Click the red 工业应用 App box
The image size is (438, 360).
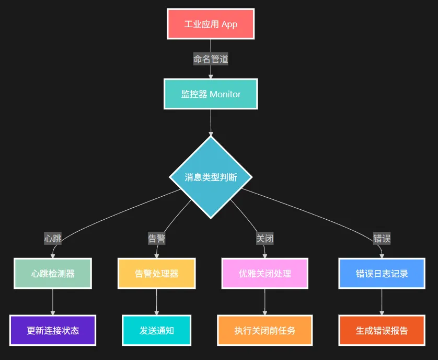[x=211, y=24]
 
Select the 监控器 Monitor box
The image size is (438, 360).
[x=211, y=94]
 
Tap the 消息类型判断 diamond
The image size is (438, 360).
[x=211, y=177]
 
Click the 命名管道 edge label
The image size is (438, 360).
[x=211, y=59]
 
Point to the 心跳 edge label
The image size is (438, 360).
[x=53, y=239]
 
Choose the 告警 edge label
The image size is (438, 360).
[x=157, y=239]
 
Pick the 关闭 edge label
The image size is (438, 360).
[x=264, y=239]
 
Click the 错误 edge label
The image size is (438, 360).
[x=382, y=239]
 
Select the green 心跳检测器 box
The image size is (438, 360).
[x=53, y=273]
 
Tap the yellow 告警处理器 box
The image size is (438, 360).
[x=157, y=273]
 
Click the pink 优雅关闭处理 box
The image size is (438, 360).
[x=265, y=273]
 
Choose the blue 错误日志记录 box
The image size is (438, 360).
[x=382, y=273]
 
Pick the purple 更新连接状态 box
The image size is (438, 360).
[x=53, y=330]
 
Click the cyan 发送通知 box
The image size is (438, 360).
[x=157, y=330]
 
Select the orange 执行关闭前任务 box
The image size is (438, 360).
[x=265, y=330]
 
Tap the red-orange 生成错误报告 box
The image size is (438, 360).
[x=382, y=330]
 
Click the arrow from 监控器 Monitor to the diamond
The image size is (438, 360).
[x=211, y=122]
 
